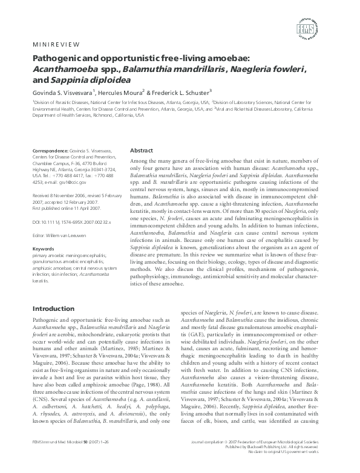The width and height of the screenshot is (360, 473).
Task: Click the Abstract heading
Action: (142, 151)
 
